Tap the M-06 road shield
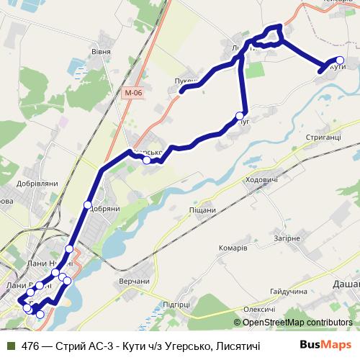[132, 93]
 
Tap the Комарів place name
[233, 247]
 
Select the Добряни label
[104, 210]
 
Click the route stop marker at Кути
[341, 60]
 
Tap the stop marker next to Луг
[240, 115]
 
